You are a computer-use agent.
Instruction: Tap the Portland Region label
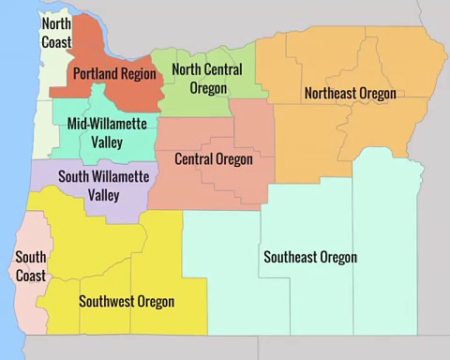click(x=110, y=72)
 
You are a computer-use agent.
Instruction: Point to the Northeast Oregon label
click(x=350, y=93)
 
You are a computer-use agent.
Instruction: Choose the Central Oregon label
click(x=214, y=159)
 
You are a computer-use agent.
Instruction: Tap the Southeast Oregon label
click(x=310, y=257)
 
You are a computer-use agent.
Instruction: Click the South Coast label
click(x=31, y=265)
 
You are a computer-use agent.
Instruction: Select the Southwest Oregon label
click(x=127, y=301)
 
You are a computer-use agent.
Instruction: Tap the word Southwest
click(x=106, y=301)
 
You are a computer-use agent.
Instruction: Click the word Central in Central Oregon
click(x=195, y=159)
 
